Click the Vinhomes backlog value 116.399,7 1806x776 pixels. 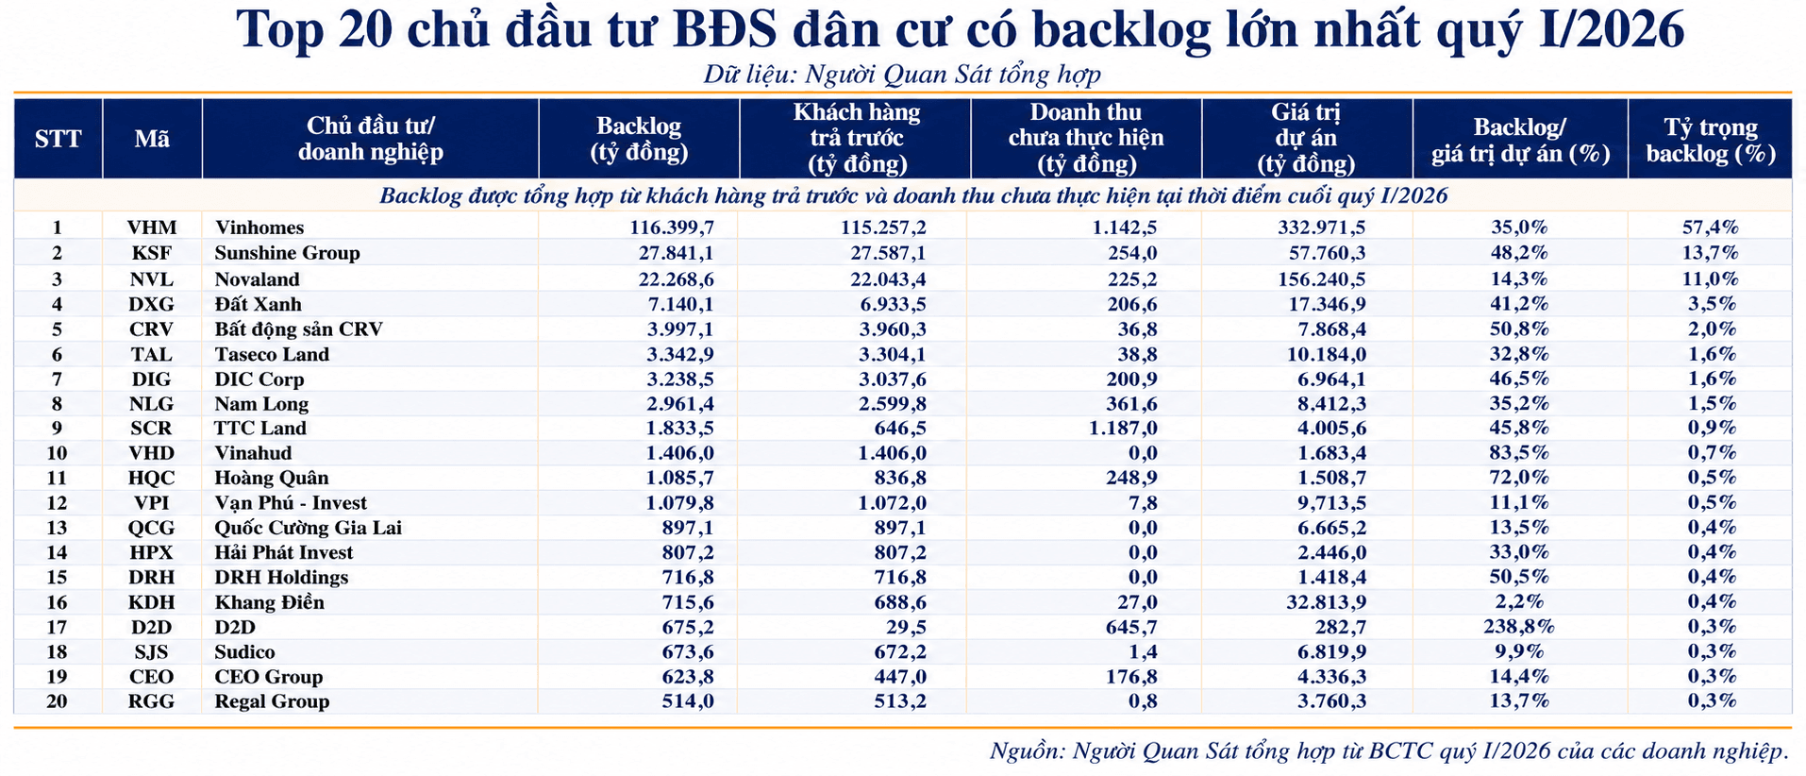tap(672, 228)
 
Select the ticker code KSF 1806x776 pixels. tap(152, 253)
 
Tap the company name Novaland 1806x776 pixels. tap(257, 279)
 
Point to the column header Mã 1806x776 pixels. tap(152, 139)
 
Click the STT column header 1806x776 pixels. tap(59, 139)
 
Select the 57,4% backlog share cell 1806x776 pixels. tap(1710, 228)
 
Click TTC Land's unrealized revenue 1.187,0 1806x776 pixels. tap(1125, 428)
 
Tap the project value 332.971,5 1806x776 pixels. tap(1321, 228)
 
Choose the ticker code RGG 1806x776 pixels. tap(152, 701)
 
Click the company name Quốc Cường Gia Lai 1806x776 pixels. tap(308, 528)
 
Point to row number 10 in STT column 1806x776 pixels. tap(58, 453)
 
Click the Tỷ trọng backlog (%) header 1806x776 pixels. tap(1711, 140)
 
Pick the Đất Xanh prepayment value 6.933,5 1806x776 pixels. tap(893, 304)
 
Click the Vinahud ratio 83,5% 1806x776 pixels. tap(1519, 453)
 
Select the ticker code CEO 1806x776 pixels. tap(152, 677)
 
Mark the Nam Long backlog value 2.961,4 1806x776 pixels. tap(680, 404)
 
